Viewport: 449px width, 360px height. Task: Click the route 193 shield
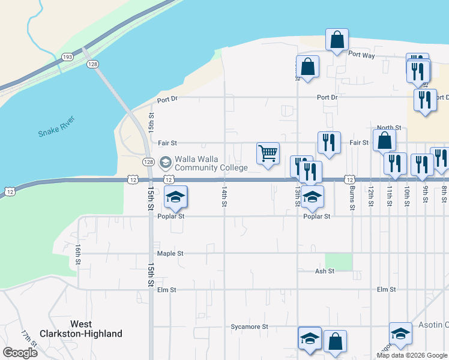[x=67, y=57]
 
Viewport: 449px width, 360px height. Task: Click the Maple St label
[x=170, y=253]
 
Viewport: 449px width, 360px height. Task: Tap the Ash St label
[x=324, y=271]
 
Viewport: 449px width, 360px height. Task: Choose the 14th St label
[x=224, y=196]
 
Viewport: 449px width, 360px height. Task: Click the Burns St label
[x=352, y=195]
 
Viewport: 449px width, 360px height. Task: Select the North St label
[x=389, y=128]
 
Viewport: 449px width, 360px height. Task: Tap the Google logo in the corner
[x=20, y=352]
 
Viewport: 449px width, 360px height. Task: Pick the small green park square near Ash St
[x=338, y=262]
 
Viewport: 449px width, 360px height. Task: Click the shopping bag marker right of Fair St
[x=384, y=140]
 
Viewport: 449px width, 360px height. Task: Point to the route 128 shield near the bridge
[x=92, y=64]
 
